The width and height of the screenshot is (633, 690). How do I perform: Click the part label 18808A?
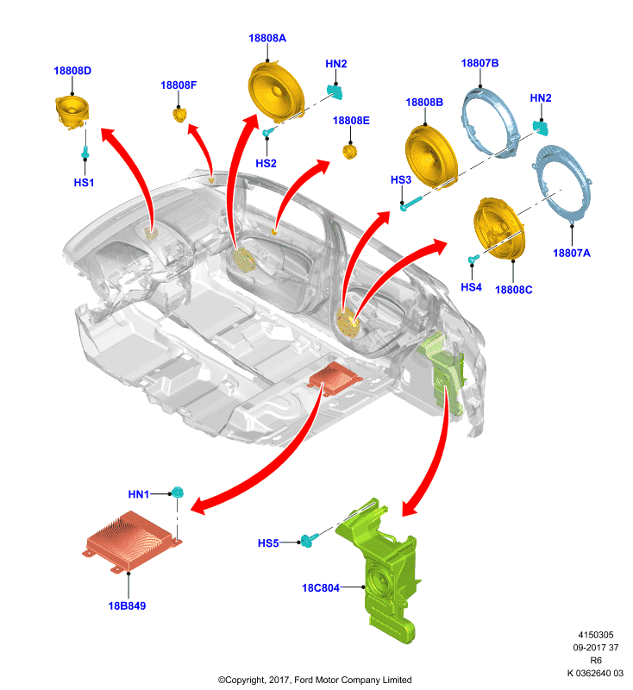pyautogui.click(x=267, y=38)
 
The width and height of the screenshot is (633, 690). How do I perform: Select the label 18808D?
pyautogui.click(x=72, y=71)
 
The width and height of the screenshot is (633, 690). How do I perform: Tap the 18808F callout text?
pyautogui.click(x=179, y=85)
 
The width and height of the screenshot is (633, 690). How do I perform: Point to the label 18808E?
pyautogui.click(x=351, y=121)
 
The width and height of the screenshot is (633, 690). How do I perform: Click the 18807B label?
pyautogui.click(x=479, y=63)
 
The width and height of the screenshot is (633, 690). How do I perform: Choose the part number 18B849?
pyautogui.click(x=127, y=606)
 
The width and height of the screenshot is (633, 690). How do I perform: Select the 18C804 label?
pyautogui.click(x=321, y=588)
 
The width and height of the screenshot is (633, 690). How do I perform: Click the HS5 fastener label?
pyautogui.click(x=268, y=543)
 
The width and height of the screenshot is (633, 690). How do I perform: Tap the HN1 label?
pyautogui.click(x=139, y=494)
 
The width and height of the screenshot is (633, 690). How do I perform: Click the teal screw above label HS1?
pyautogui.click(x=85, y=153)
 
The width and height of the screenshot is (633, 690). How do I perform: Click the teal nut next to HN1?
pyautogui.click(x=178, y=492)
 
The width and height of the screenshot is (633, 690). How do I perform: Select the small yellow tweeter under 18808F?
pyautogui.click(x=179, y=116)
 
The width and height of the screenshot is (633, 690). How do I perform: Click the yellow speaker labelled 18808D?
pyautogui.click(x=72, y=112)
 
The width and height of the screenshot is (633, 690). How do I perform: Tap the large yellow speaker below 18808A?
pyautogui.click(x=276, y=91)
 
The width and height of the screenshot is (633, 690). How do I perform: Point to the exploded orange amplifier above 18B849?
pyautogui.click(x=132, y=542)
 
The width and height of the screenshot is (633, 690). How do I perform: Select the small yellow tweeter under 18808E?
pyautogui.click(x=350, y=152)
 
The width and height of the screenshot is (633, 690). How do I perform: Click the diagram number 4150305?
pyautogui.click(x=596, y=635)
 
